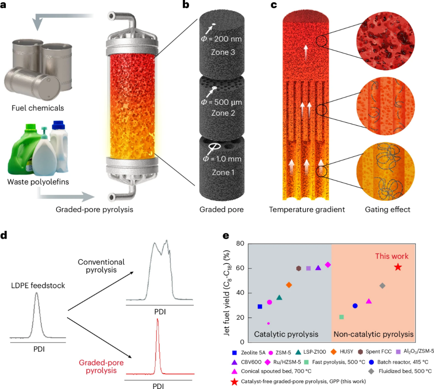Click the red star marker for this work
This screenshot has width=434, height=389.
click(x=398, y=267)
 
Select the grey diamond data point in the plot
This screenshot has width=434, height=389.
click(x=382, y=286)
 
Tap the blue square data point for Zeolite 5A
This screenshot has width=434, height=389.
click(x=260, y=307)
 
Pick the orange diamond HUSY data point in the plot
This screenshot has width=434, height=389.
click(x=289, y=285)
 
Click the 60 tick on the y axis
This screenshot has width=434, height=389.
click(x=240, y=268)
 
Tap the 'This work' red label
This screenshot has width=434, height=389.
click(x=392, y=256)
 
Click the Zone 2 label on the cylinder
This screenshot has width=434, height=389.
click(x=223, y=113)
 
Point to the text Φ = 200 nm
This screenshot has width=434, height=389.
click(x=221, y=39)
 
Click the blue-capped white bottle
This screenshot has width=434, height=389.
click(x=59, y=145)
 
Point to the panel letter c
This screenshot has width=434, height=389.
click(x=274, y=5)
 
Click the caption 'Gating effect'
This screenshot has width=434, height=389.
click(x=388, y=209)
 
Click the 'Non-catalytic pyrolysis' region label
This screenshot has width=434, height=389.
click(x=373, y=334)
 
